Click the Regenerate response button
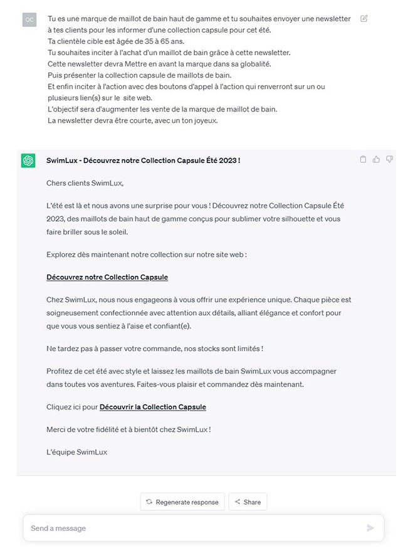pos(182,502)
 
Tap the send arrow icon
pos(370,528)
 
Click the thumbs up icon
pos(376,160)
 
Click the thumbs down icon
pos(389,160)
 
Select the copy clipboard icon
pos(363,160)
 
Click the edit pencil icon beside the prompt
pos(364,19)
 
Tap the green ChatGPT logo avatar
pos(28,160)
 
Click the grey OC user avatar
pos(29,20)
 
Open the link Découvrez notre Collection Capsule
pos(107,277)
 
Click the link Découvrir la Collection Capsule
pos(153,407)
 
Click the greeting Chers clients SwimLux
pos(85,183)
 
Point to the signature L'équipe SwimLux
pos(76,452)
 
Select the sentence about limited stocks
pos(154,349)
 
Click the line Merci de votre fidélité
pos(128,429)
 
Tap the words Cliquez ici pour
pos(72,407)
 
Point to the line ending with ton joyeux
pos(133,120)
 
